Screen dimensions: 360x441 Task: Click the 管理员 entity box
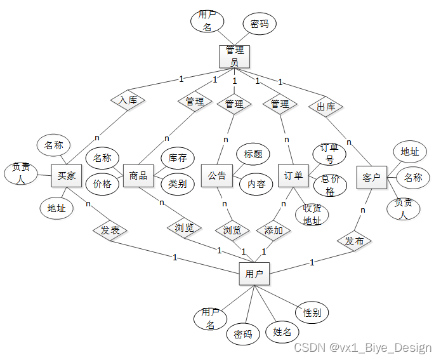click(x=234, y=56)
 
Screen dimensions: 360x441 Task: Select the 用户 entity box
click(x=254, y=274)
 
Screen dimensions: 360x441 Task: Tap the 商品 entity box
click(x=138, y=176)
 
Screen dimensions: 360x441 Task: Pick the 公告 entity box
click(x=217, y=176)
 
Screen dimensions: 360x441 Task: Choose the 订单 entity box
click(x=293, y=176)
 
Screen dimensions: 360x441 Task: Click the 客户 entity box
click(x=371, y=178)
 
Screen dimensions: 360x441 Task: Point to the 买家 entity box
click(x=67, y=176)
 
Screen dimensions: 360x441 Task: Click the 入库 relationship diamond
click(x=128, y=100)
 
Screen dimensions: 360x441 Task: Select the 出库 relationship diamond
click(x=326, y=107)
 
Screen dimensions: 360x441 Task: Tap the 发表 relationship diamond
click(x=110, y=230)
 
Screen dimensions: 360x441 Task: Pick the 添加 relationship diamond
click(x=273, y=230)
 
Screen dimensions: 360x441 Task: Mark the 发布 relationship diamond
click(x=355, y=241)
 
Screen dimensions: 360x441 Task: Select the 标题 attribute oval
click(x=253, y=154)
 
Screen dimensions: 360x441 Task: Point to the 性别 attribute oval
click(x=312, y=312)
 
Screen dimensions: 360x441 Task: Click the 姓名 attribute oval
click(x=282, y=331)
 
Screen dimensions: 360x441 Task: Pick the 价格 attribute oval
click(x=102, y=184)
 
